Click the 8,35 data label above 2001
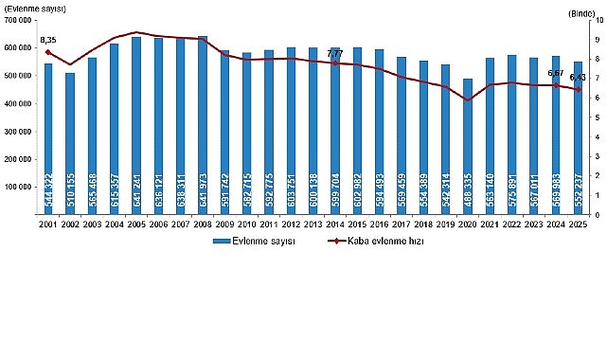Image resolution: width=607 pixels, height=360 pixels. coord(47,40)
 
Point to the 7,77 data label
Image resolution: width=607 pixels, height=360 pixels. coord(334,55)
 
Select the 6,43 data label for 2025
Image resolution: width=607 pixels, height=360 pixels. coord(578,78)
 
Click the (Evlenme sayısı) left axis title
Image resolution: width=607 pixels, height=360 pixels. coord(34,8)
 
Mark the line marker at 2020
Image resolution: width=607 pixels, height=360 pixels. coord(468,99)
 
